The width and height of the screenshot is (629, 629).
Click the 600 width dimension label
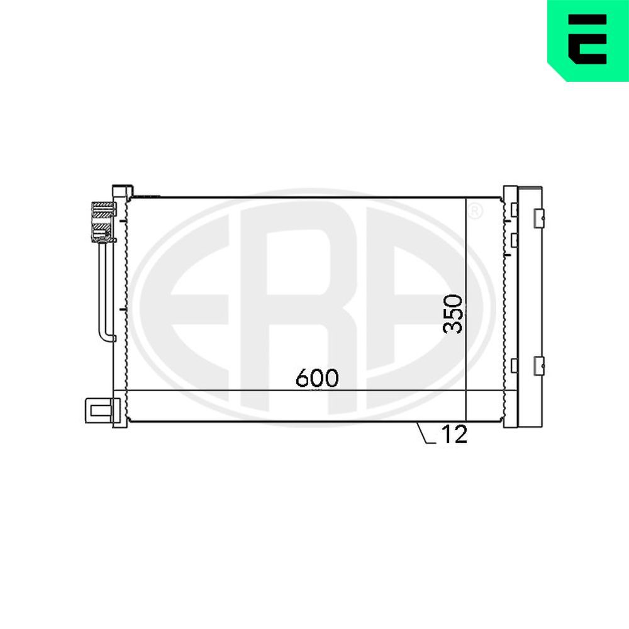click(317, 377)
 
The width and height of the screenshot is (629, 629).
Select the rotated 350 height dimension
click(453, 313)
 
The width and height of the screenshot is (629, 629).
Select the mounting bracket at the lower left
click(99, 411)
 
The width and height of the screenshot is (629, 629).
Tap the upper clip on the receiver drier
click(538, 218)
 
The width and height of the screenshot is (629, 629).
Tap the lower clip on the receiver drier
click(538, 365)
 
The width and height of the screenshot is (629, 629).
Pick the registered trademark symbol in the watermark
click(476, 211)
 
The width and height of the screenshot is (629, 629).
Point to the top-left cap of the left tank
click(122, 191)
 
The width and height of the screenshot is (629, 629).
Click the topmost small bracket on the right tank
click(514, 209)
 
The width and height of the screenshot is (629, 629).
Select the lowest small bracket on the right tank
click(514, 365)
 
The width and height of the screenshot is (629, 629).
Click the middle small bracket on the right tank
click(514, 240)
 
